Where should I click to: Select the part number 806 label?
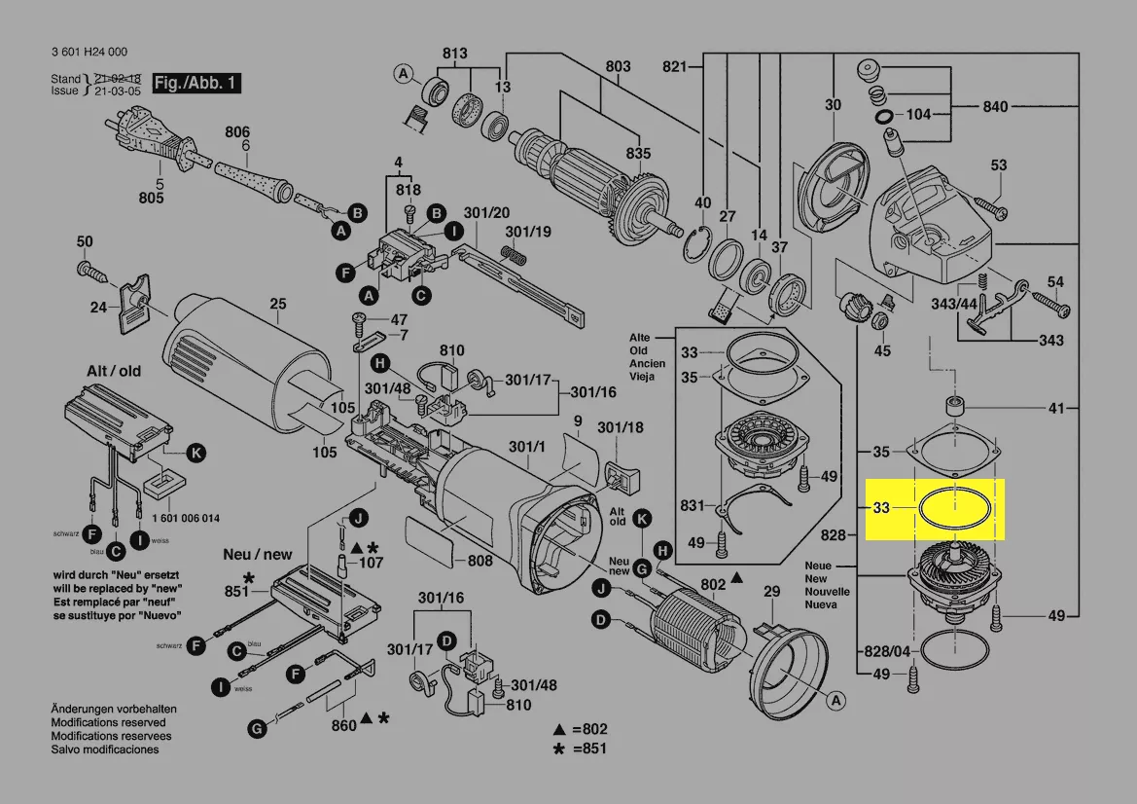click(x=237, y=132)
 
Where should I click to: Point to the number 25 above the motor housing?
click(x=278, y=305)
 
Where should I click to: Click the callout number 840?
click(x=996, y=107)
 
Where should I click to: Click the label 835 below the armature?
click(x=638, y=154)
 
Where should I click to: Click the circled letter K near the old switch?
click(x=195, y=453)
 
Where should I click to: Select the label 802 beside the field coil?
click(x=713, y=584)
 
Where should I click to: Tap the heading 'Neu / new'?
click(x=257, y=554)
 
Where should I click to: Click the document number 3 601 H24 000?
click(x=89, y=53)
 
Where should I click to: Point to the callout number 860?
click(x=343, y=726)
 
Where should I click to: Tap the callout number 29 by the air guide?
click(x=771, y=592)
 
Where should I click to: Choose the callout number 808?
click(x=480, y=561)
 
